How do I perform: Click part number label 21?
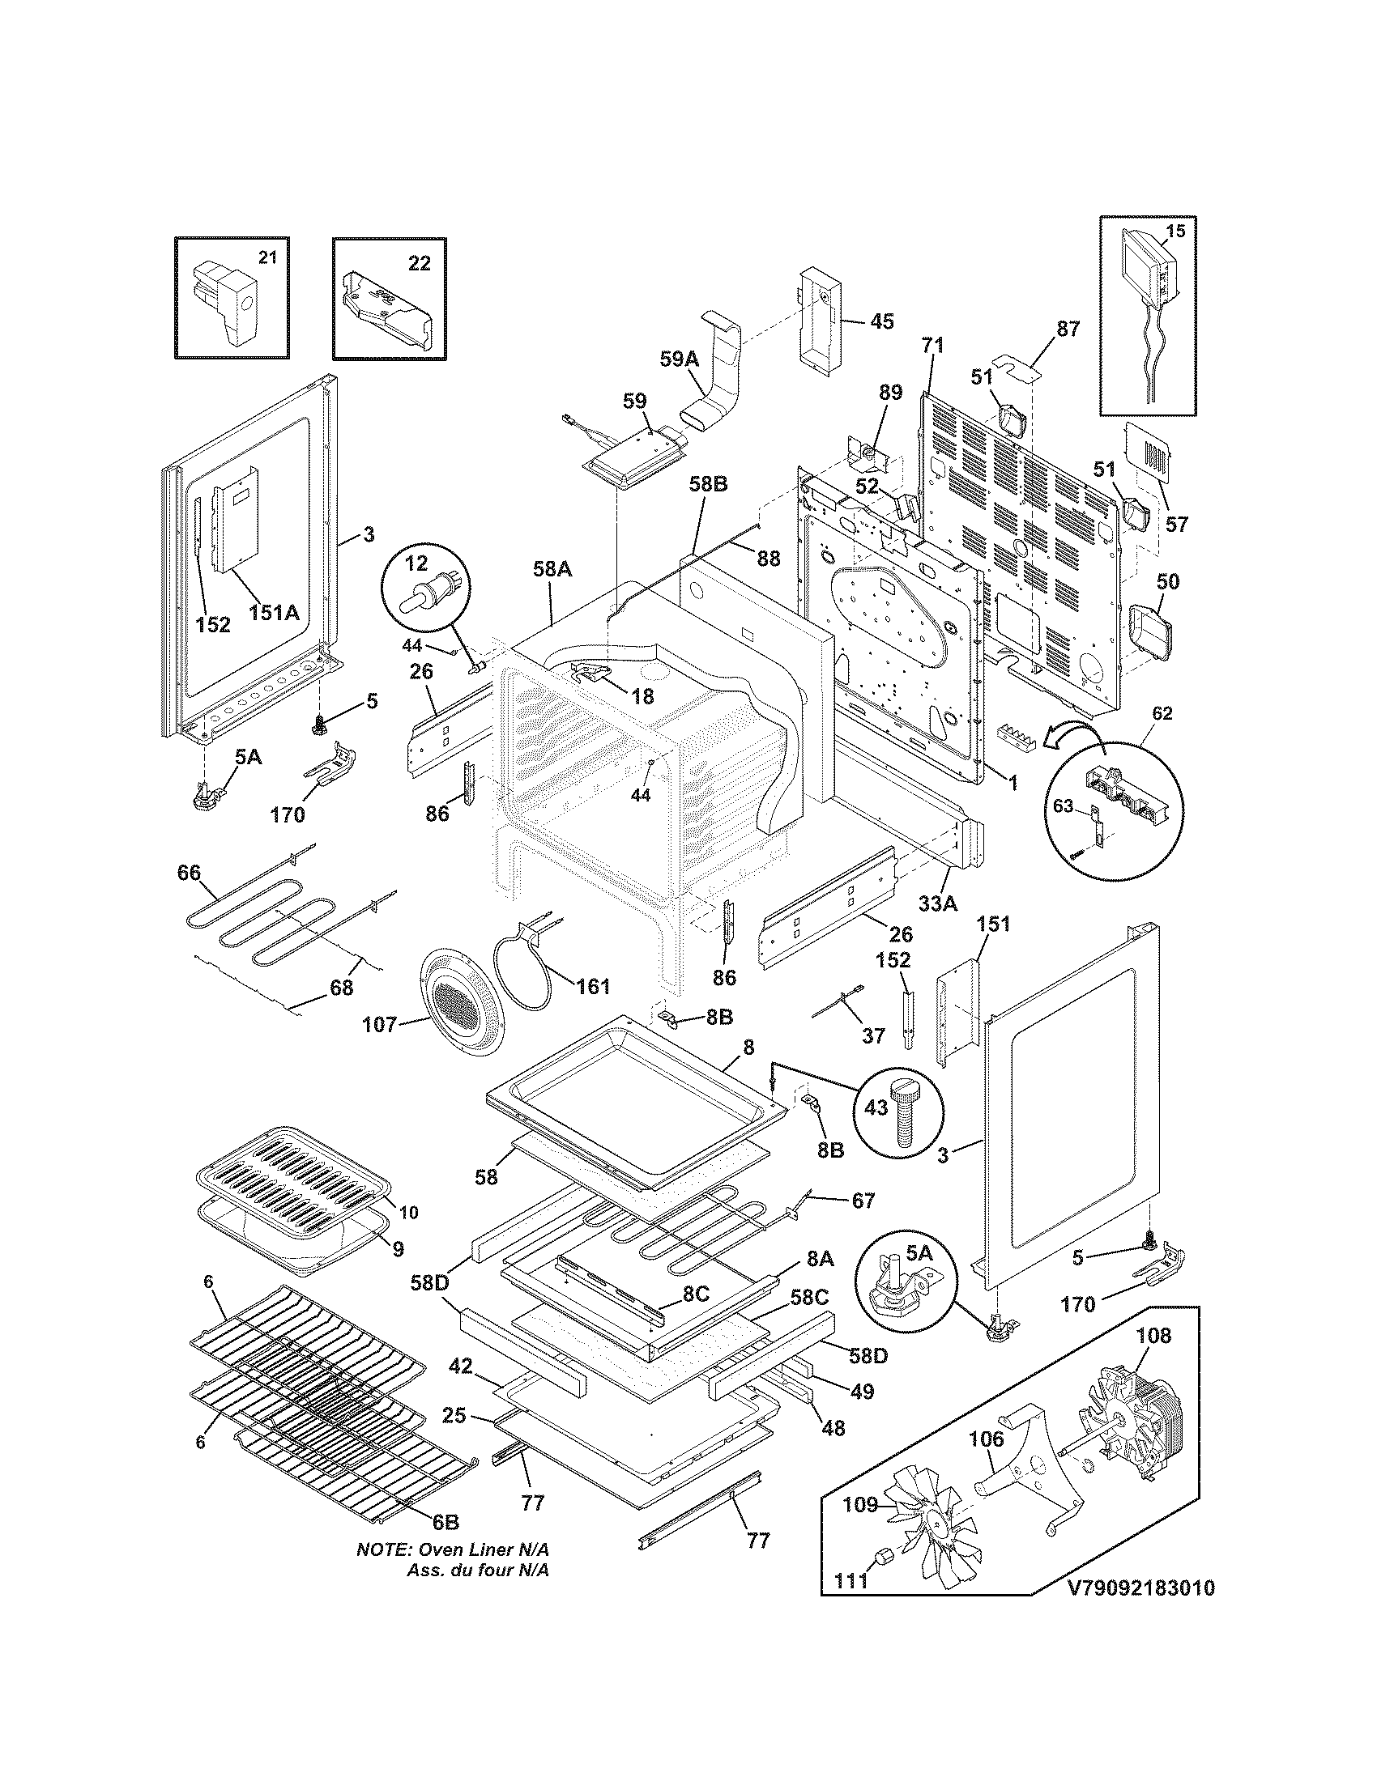coord(267,257)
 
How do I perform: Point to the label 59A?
coord(679,358)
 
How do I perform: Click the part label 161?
coord(593,987)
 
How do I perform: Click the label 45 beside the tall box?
coord(881,321)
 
